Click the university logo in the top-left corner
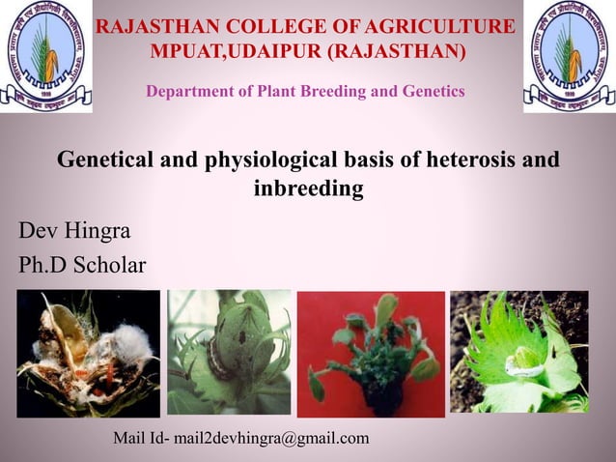click(43, 56)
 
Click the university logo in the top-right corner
click(569, 56)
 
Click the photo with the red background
click(371, 354)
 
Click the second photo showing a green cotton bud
click(229, 353)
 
